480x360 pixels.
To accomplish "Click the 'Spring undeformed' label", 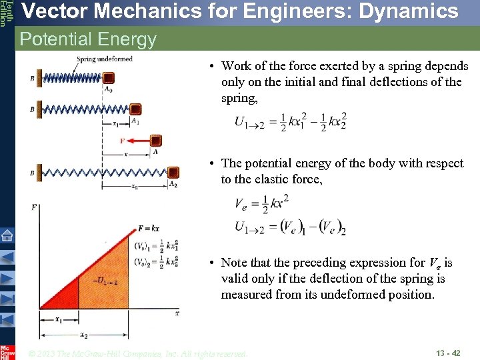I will coord(104,59).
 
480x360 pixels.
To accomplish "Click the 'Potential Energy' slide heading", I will coord(88,39).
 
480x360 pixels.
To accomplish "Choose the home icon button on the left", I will coord(7,235).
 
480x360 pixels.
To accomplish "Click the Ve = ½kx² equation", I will coord(261,204).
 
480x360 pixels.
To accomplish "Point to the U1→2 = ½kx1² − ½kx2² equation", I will coord(290,122).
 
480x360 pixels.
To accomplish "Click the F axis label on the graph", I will coord(35,207).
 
